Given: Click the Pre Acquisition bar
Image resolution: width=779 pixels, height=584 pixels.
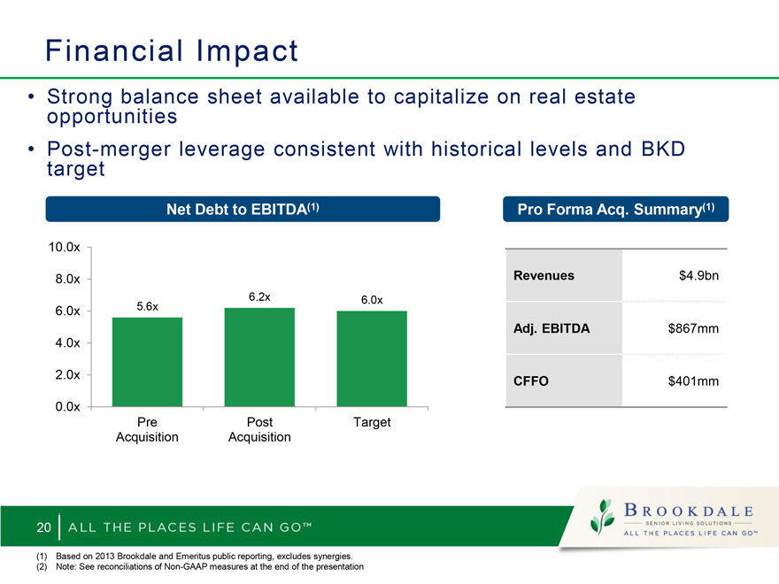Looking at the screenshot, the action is [147, 362].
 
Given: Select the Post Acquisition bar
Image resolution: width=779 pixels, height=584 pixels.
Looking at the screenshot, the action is [259, 357].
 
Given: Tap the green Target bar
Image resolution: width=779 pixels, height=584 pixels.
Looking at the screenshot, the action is [372, 359].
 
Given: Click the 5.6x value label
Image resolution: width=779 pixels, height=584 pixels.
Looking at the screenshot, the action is [148, 306].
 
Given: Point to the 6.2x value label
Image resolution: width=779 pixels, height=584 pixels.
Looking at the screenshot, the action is [259, 297].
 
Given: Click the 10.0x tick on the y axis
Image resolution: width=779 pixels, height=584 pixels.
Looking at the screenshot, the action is [64, 247].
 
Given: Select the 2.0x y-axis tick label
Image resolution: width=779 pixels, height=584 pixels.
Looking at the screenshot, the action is [67, 374].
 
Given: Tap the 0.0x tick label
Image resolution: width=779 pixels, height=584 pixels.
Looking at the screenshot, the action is [67, 407].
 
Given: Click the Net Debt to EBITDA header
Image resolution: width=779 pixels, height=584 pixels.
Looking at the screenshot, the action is [243, 209].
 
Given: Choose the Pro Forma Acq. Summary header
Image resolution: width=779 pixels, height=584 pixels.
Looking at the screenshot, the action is [615, 209].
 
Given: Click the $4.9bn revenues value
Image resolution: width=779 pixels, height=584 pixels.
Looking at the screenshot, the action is [698, 275].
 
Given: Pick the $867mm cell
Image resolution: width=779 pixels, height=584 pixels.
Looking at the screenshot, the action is [693, 328].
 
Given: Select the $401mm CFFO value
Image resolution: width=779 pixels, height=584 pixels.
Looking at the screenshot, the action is [693, 380].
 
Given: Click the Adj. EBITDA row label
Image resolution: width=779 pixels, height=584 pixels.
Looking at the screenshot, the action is [551, 328].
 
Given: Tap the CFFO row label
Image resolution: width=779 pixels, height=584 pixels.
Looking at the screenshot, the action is [530, 380].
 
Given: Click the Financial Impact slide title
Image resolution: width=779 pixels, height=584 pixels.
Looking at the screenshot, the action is [172, 50].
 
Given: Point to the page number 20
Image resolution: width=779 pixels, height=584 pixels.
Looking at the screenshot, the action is [43, 527].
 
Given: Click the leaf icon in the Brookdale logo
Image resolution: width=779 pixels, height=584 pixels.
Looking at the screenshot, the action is [602, 518].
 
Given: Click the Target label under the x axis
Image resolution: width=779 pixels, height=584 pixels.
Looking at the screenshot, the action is [372, 422].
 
